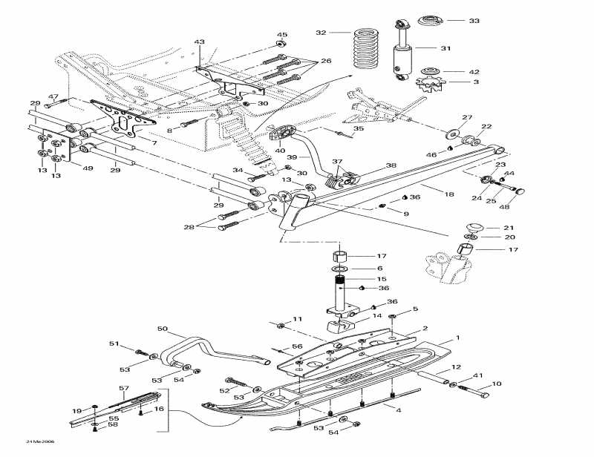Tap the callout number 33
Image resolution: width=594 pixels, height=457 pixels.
(x=474, y=21)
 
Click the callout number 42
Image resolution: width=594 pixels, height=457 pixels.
(x=474, y=72)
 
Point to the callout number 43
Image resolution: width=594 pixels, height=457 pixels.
(x=199, y=42)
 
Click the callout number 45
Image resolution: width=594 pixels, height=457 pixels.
(x=282, y=35)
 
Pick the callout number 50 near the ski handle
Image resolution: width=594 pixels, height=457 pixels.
(x=163, y=328)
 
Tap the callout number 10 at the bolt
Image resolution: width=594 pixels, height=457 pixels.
(x=497, y=384)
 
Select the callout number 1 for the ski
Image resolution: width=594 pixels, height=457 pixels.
(x=458, y=338)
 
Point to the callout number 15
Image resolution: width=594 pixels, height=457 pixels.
(x=382, y=278)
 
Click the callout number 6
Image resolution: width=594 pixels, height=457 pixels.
(x=380, y=268)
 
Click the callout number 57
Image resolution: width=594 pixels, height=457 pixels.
(x=125, y=389)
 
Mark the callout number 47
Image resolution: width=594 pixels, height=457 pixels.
(x=53, y=96)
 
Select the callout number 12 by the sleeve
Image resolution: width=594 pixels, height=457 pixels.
(x=457, y=366)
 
